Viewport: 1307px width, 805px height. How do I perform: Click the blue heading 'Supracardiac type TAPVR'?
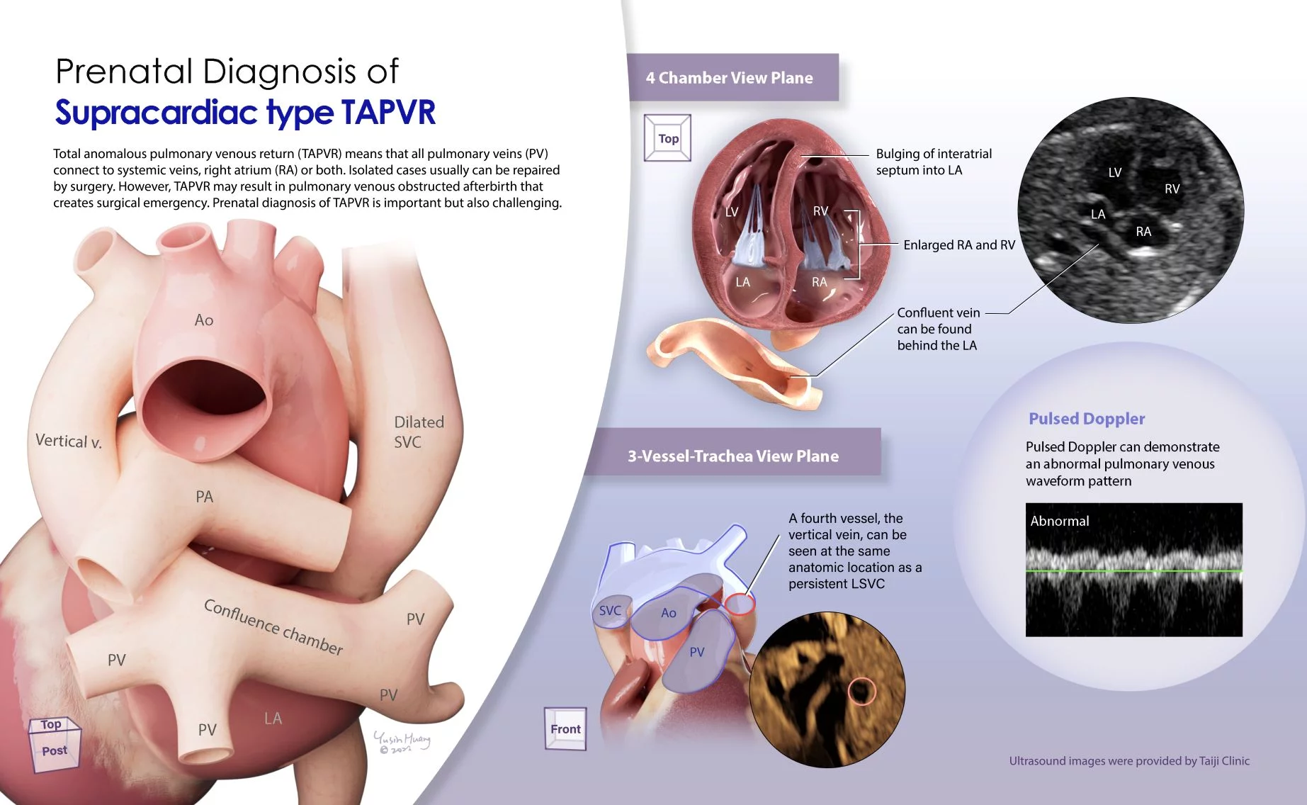[245, 113]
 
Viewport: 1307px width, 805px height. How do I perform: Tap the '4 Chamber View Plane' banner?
[732, 77]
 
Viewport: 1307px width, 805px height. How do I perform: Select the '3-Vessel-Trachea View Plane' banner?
[736, 455]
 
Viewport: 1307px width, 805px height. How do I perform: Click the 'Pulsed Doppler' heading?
[1087, 419]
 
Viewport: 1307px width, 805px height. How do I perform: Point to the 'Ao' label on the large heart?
[204, 320]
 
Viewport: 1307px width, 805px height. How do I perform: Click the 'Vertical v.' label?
[69, 441]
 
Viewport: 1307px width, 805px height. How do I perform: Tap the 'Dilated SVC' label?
[419, 432]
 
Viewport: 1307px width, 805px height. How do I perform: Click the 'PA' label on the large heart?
[204, 497]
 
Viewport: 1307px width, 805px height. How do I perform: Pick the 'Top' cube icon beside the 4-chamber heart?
[667, 138]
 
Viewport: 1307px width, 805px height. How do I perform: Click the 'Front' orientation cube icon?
[565, 728]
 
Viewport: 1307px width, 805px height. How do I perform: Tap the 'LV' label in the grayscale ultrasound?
[1115, 172]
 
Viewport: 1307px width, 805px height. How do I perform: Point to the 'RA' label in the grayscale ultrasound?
[1143, 232]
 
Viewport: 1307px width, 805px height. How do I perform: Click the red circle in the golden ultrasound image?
[862, 690]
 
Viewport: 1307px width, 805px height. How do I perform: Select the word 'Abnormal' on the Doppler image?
[1060, 521]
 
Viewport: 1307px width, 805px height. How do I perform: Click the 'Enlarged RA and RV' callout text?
[959, 245]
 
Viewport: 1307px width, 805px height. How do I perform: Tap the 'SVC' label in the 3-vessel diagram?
[610, 611]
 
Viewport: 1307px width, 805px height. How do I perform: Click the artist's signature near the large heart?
[402, 742]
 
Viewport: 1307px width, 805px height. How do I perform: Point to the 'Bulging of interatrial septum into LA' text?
[934, 162]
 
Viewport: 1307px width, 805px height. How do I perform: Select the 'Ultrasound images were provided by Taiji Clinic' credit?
[1129, 761]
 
